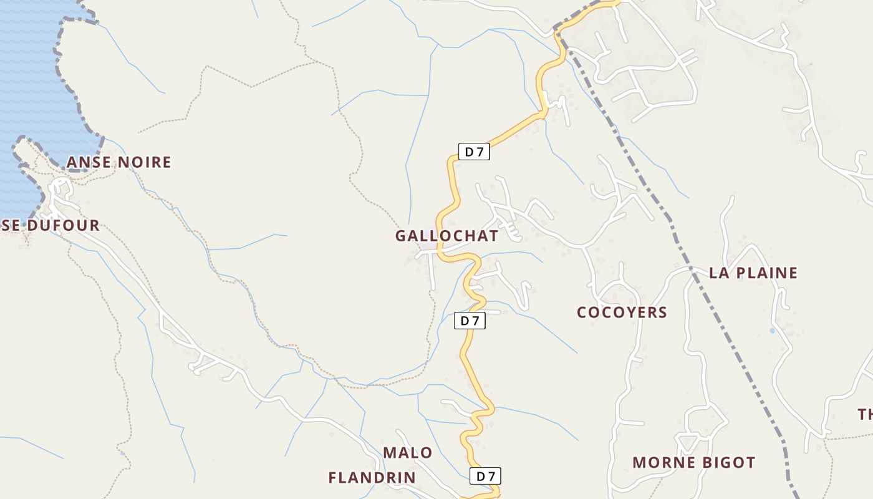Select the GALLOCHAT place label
point(446,236)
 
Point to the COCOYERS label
point(622,312)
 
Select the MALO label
point(407,453)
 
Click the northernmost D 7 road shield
point(474,152)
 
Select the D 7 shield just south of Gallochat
point(469,321)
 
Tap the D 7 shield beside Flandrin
point(485,476)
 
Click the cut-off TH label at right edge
point(865,414)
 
